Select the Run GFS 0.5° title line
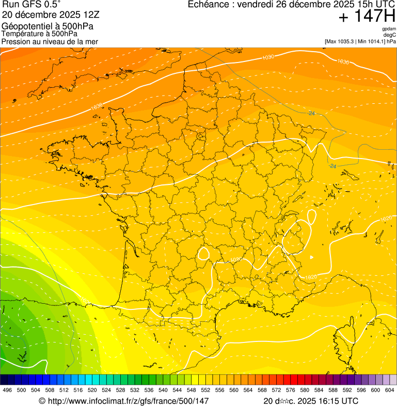point(31,5)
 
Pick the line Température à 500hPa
point(39,34)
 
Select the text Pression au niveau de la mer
point(50,41)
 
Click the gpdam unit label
point(389,29)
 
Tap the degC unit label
point(390,35)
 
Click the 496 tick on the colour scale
point(7,391)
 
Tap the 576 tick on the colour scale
point(291,391)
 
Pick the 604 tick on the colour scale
point(390,391)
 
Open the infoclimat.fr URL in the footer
point(124,401)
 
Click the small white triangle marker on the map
point(311,257)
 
